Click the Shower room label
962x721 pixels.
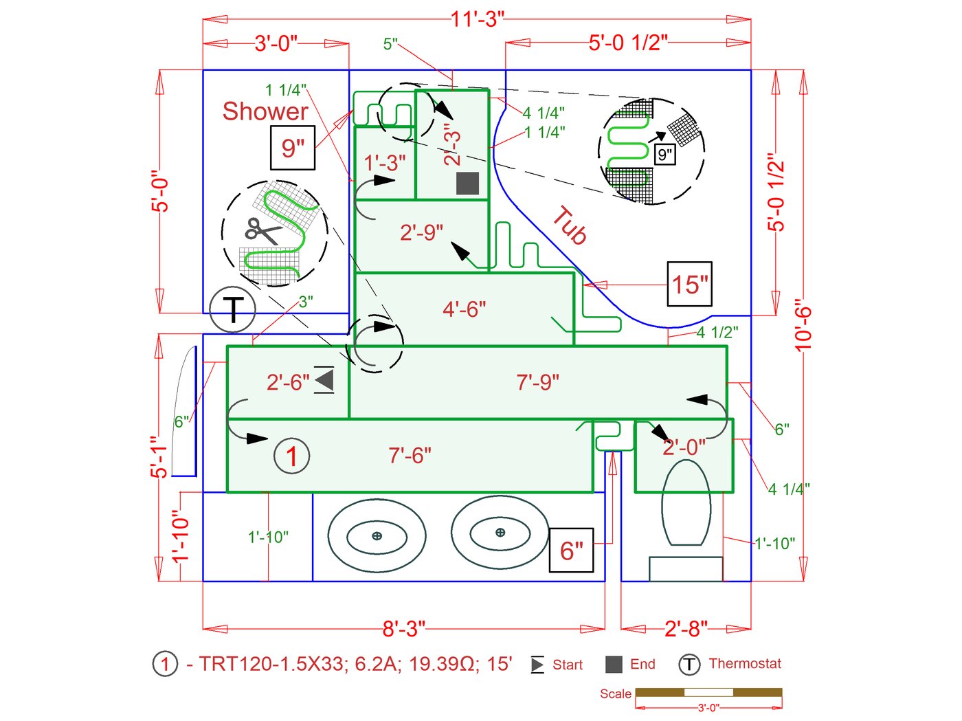(x=265, y=111)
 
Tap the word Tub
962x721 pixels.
(x=570, y=225)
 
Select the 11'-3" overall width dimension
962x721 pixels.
(x=477, y=19)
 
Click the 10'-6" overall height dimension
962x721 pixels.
(x=803, y=325)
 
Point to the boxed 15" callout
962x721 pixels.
(x=689, y=284)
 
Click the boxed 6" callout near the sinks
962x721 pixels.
(x=571, y=550)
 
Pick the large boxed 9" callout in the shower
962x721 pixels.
(x=293, y=148)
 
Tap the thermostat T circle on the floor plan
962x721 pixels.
(x=233, y=310)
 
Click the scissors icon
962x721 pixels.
(x=262, y=230)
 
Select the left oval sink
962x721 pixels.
(x=377, y=535)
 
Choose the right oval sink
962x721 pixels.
(x=500, y=532)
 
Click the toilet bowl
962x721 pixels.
(x=686, y=502)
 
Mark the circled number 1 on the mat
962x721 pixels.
(x=291, y=456)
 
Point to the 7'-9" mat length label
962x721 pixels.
(x=537, y=382)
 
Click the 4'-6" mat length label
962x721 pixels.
(x=464, y=309)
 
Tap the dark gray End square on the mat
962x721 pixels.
(x=467, y=184)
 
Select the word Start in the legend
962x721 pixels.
(x=567, y=665)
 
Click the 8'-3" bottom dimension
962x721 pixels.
(x=403, y=628)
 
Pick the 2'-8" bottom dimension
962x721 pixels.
(x=685, y=628)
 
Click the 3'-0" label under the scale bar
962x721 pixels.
(x=708, y=708)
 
